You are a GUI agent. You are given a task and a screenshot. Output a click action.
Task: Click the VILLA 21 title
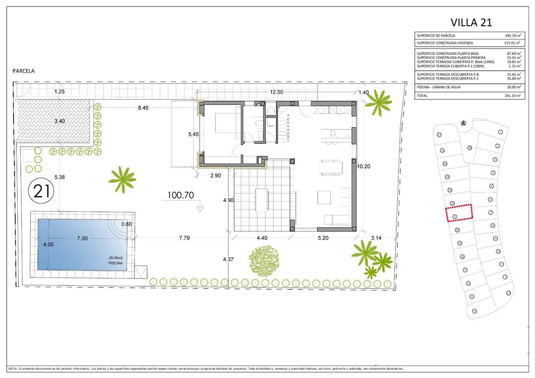(x=471, y=22)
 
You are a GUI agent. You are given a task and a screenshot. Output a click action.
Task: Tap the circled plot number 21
(x=42, y=191)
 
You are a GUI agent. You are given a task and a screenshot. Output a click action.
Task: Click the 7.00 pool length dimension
(x=82, y=238)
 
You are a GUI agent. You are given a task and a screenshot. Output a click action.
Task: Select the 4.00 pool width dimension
(x=48, y=244)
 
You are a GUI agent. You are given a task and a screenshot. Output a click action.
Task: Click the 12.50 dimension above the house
(x=276, y=92)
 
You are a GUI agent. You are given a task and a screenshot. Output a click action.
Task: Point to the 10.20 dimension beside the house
(x=364, y=167)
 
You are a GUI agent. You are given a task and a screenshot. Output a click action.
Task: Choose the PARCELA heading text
(x=23, y=71)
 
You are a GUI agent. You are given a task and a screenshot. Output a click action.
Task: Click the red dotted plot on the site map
(x=459, y=214)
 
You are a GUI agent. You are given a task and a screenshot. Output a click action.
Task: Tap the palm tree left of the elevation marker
(x=122, y=178)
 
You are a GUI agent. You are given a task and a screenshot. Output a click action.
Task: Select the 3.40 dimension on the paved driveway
(x=60, y=121)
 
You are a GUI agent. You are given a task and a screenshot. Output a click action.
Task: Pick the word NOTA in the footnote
(x=12, y=369)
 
